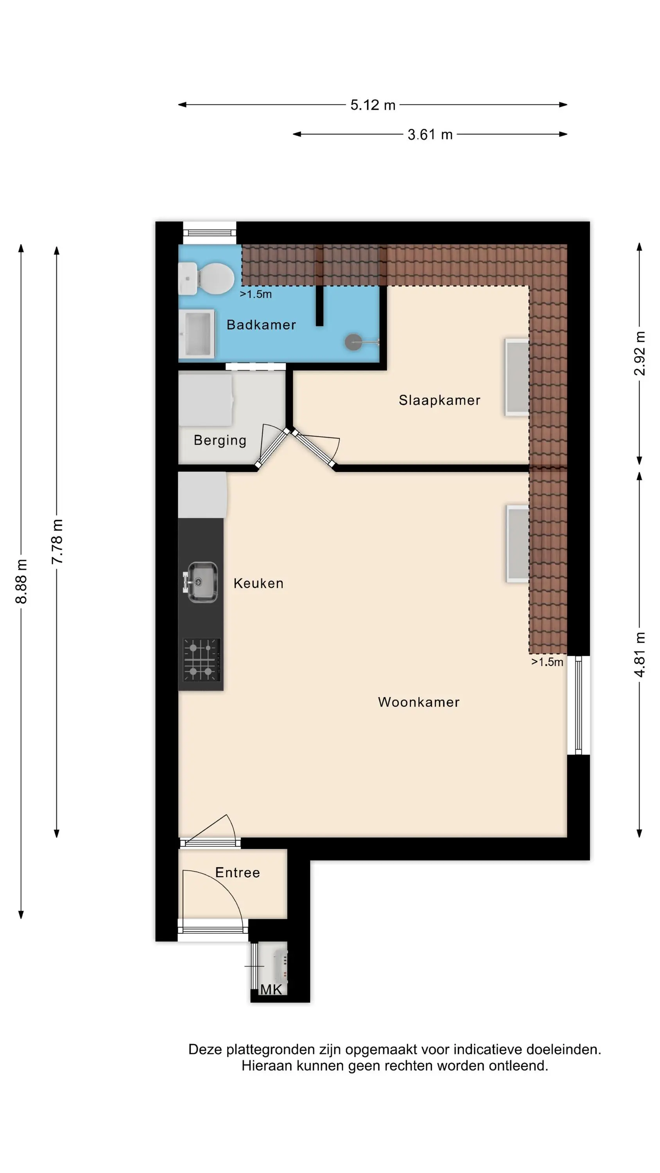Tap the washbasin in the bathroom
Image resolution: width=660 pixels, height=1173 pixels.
click(x=196, y=333)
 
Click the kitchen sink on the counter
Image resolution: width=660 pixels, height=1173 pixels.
click(x=201, y=582)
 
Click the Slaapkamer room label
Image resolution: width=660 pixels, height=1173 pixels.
click(x=439, y=400)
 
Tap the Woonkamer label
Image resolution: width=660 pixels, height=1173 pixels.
click(x=419, y=702)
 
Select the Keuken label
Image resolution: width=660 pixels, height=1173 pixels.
click(x=258, y=583)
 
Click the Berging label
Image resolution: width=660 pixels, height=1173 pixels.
click(x=220, y=440)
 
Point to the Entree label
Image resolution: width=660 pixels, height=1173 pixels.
click(x=237, y=872)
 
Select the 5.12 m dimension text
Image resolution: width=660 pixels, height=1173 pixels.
click(x=373, y=105)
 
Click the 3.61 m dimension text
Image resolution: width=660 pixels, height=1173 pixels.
click(x=430, y=135)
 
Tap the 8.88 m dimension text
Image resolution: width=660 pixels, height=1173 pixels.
click(x=22, y=581)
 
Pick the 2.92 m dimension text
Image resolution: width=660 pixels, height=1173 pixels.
click(x=640, y=353)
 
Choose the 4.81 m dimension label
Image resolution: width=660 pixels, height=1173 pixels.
click(x=640, y=655)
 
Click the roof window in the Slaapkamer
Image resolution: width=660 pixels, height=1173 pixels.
click(x=517, y=377)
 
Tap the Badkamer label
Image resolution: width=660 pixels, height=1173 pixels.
click(x=262, y=325)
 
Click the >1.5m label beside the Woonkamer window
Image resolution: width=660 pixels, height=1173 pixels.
click(x=547, y=662)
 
